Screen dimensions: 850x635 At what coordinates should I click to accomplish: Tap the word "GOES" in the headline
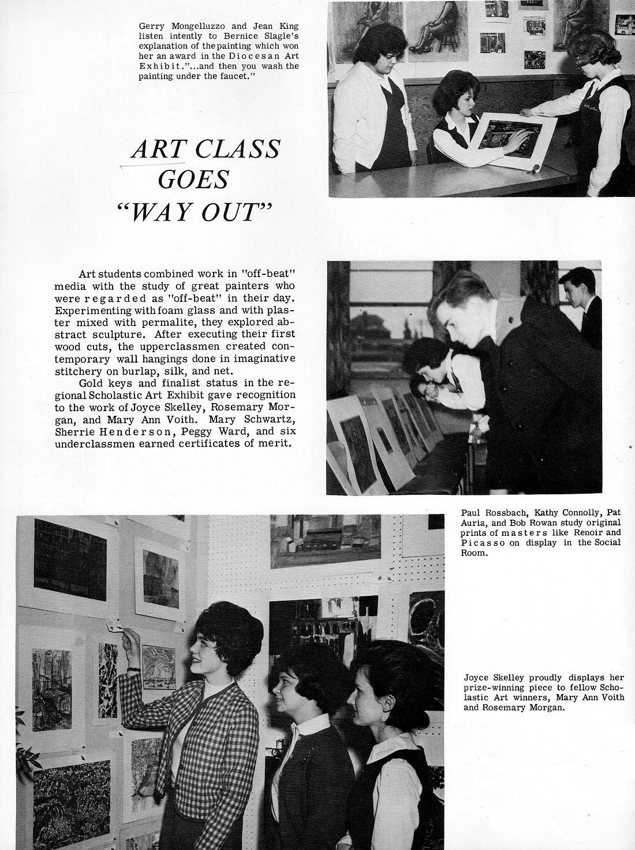(193, 180)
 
